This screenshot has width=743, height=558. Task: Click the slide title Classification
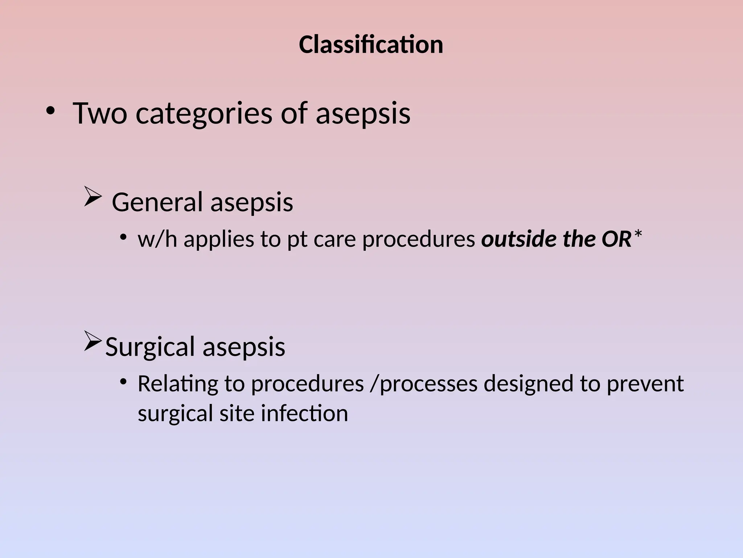pyautogui.click(x=371, y=45)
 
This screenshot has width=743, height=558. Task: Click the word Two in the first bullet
pyautogui.click(x=100, y=113)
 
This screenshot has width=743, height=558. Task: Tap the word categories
pyautogui.click(x=204, y=114)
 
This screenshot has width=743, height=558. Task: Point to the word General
pyautogui.click(x=157, y=202)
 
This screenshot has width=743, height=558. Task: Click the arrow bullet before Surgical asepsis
pyautogui.click(x=93, y=341)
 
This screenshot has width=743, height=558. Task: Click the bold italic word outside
pyautogui.click(x=519, y=239)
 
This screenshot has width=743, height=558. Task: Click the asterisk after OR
pyautogui.click(x=638, y=236)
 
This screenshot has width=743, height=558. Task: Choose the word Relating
pyautogui.click(x=178, y=384)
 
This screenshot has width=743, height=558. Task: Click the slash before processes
pyautogui.click(x=374, y=384)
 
